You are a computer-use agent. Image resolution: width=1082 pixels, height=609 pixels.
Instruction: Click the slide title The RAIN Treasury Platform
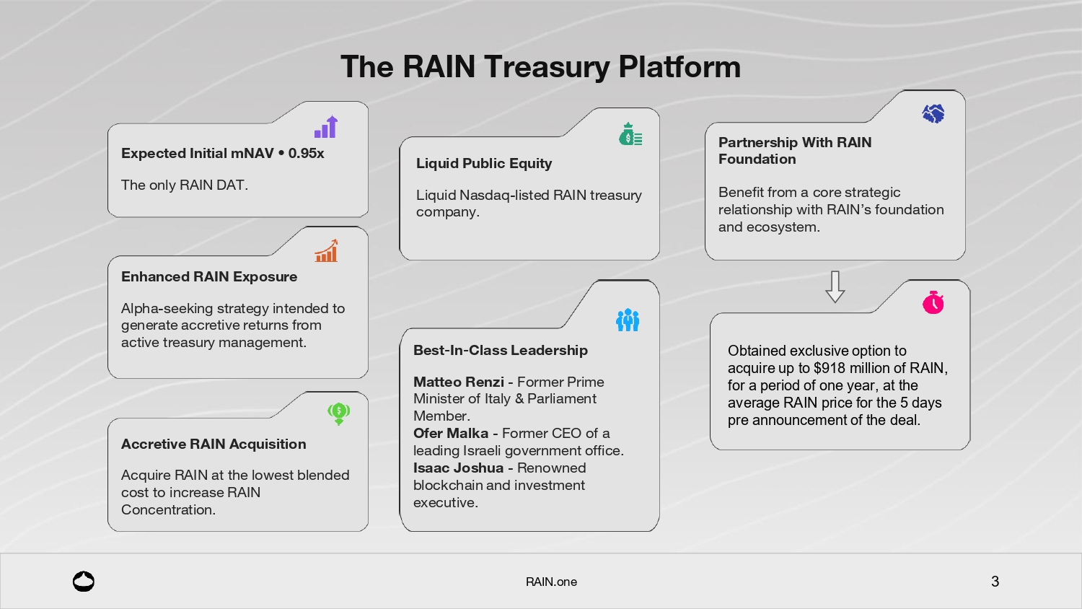tap(540, 66)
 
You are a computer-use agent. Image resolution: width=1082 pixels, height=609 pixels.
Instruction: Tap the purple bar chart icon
tap(326, 127)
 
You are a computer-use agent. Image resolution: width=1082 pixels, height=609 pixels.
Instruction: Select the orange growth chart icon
tap(326, 251)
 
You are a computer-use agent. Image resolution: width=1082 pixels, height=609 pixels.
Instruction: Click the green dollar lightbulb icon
tap(338, 413)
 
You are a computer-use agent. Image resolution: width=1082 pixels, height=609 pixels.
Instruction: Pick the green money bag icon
tap(630, 134)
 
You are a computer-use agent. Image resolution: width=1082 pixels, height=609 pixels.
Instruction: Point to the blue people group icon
tap(628, 320)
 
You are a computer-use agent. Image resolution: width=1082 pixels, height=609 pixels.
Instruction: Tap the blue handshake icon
tap(933, 113)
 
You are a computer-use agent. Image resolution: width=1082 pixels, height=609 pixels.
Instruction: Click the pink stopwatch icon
tap(933, 302)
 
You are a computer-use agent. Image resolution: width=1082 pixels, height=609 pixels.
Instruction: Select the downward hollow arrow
tap(835, 286)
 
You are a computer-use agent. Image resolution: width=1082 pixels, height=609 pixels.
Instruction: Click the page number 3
tap(995, 582)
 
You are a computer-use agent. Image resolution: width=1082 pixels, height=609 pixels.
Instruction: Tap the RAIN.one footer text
tap(551, 582)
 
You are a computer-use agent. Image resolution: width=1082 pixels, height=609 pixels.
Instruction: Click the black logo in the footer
tap(84, 582)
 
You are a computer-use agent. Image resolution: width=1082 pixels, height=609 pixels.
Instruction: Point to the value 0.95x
tap(306, 153)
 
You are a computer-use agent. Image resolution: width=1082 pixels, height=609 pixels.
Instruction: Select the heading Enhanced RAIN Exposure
tap(209, 276)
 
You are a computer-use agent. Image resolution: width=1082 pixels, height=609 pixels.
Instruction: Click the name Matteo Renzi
tap(458, 382)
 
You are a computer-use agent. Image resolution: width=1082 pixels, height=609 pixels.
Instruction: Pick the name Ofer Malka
tap(450, 433)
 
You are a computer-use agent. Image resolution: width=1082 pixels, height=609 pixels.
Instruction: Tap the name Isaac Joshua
tap(458, 468)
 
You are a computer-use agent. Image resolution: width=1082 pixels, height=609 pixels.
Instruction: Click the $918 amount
tap(829, 368)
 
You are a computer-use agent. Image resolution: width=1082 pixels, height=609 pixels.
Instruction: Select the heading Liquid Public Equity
tap(484, 163)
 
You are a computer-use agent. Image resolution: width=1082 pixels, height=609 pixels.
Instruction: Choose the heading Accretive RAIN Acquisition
tap(214, 444)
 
